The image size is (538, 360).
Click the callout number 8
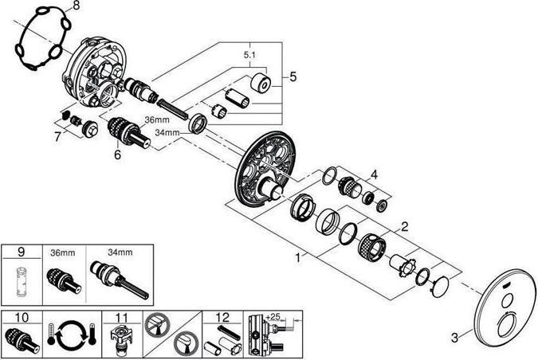pos(77,7)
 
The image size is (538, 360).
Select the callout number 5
pos(293,77)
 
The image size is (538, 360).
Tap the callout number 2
pos(404,227)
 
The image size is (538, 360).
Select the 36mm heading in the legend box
pos(61,252)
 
